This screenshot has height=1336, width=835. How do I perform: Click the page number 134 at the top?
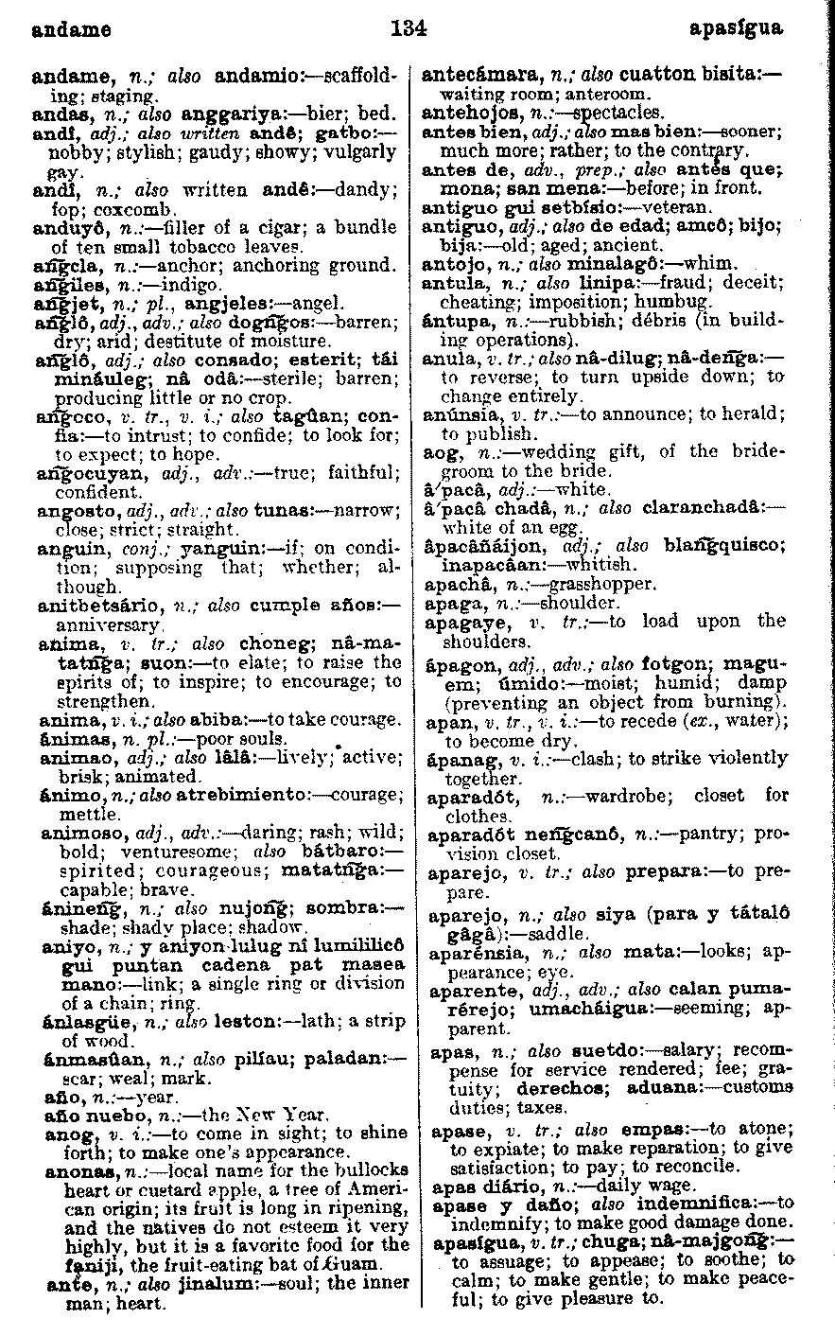(409, 28)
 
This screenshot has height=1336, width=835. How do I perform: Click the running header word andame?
(71, 29)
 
